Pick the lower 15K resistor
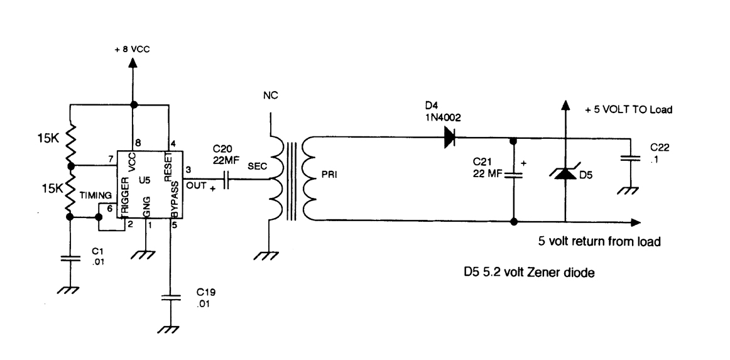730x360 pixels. pos(70,192)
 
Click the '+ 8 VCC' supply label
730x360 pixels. pos(133,49)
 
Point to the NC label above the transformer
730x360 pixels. pos(271,96)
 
